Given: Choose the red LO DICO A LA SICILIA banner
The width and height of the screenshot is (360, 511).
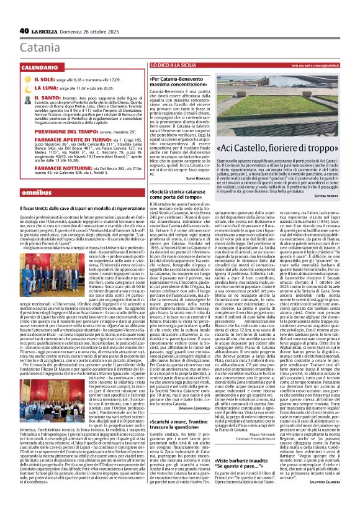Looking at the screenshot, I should tap(175, 65).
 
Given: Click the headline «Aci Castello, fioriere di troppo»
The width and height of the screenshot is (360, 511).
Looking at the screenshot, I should tap(288, 148).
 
